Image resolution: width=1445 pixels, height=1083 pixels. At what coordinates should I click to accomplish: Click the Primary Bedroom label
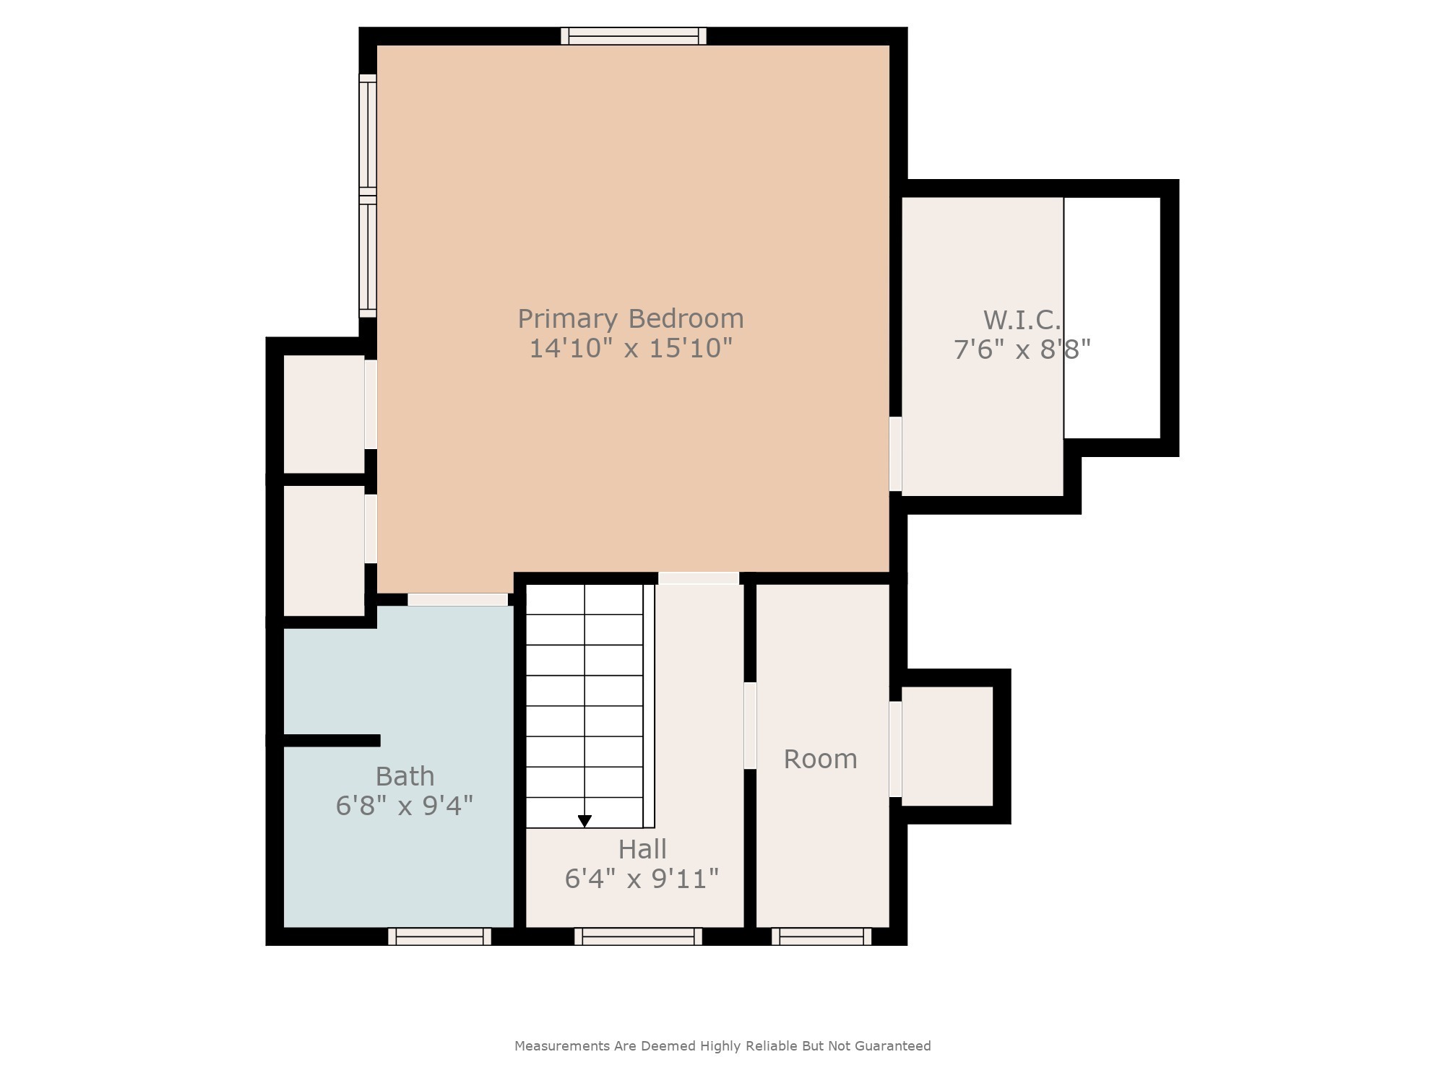click(x=630, y=318)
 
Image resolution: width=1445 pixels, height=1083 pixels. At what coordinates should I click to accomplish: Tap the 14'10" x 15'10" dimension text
click(x=630, y=349)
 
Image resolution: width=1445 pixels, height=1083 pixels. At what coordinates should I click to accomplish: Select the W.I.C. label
click(x=1021, y=320)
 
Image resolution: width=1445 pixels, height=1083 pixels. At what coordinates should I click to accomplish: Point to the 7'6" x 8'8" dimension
click(x=1021, y=350)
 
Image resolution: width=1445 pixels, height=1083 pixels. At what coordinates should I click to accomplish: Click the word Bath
click(x=405, y=776)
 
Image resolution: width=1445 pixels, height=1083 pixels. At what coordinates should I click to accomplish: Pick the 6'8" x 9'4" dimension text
click(x=405, y=806)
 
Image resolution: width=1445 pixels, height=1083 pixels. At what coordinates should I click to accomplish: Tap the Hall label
click(x=642, y=849)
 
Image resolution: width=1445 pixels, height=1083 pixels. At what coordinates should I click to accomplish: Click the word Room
click(x=820, y=759)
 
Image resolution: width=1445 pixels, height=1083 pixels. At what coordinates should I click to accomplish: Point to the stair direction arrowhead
click(x=585, y=822)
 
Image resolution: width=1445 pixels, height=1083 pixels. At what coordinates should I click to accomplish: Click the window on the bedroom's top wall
click(x=634, y=36)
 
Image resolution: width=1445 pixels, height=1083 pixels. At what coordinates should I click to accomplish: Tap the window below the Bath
click(x=439, y=936)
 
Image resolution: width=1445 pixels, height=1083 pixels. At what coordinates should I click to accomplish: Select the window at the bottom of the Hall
click(x=638, y=936)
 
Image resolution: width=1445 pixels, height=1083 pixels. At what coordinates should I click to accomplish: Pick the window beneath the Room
click(x=821, y=936)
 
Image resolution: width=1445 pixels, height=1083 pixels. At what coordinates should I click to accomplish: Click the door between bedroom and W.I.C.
click(x=895, y=453)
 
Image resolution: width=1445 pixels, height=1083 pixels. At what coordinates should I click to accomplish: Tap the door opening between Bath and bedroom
click(x=457, y=599)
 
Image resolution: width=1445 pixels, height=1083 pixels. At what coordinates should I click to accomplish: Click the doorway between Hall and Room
click(x=750, y=726)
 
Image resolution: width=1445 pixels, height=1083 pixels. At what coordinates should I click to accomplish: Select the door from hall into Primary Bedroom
click(x=698, y=578)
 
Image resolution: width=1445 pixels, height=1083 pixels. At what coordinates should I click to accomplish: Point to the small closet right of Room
click(x=946, y=746)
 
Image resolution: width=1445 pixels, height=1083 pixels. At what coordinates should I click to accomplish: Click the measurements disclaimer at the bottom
click(x=722, y=1045)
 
